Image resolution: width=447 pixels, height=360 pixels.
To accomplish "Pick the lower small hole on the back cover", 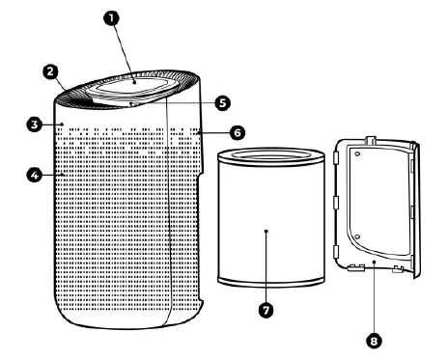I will [x=357, y=235].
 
